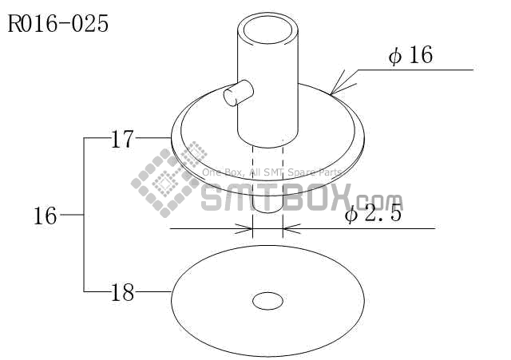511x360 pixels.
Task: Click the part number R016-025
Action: (x=57, y=23)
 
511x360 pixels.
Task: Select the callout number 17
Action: (x=121, y=140)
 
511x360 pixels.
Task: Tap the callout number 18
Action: (x=121, y=293)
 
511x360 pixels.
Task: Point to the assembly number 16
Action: (x=46, y=216)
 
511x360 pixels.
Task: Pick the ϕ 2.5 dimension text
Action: (x=372, y=215)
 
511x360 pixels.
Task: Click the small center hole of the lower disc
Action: (x=267, y=301)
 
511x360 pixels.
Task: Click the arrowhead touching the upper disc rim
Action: (x=335, y=89)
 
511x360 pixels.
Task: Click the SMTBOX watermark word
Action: (x=271, y=195)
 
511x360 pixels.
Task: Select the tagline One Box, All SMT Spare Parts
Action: (x=271, y=172)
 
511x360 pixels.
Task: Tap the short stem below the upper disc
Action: (x=267, y=204)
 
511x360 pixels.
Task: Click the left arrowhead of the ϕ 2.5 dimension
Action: (x=247, y=229)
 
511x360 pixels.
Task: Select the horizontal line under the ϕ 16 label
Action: (x=415, y=70)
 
